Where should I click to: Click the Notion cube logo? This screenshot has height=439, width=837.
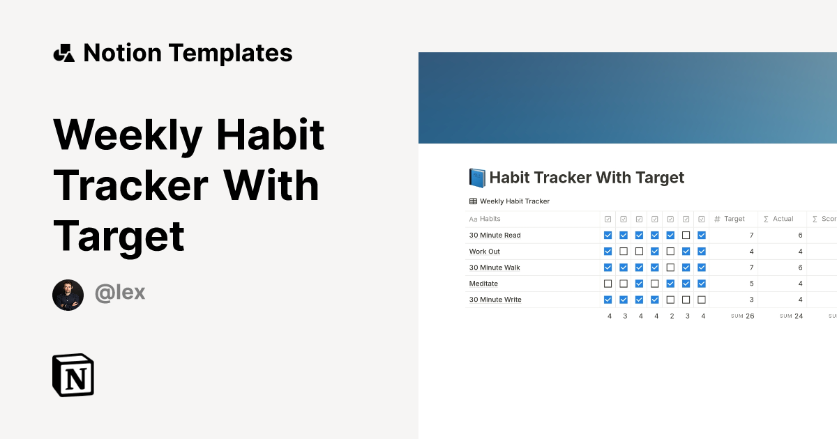pyautogui.click(x=73, y=375)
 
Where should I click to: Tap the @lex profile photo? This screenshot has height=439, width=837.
pyautogui.click(x=68, y=295)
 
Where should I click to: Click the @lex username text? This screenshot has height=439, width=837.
pyautogui.click(x=120, y=293)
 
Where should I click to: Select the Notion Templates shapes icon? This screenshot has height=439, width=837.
pyautogui.click(x=63, y=53)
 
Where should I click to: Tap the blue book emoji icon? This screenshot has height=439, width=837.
pyautogui.click(x=477, y=178)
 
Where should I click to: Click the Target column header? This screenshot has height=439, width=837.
pyautogui.click(x=734, y=219)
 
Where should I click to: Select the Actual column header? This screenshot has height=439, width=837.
pyautogui.click(x=783, y=219)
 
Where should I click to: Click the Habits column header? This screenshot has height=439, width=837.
pyautogui.click(x=490, y=219)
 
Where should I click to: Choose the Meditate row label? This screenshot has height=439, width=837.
pyautogui.click(x=483, y=284)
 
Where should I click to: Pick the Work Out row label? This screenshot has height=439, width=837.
pyautogui.click(x=484, y=252)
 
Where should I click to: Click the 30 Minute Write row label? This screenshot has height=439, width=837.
pyautogui.click(x=495, y=300)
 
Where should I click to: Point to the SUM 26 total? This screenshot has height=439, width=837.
pyautogui.click(x=743, y=316)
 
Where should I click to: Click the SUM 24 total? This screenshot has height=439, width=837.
pyautogui.click(x=792, y=316)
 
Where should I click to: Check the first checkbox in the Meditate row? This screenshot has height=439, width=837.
pyautogui.click(x=608, y=284)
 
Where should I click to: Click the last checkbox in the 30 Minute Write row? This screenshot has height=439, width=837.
pyautogui.click(x=702, y=300)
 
